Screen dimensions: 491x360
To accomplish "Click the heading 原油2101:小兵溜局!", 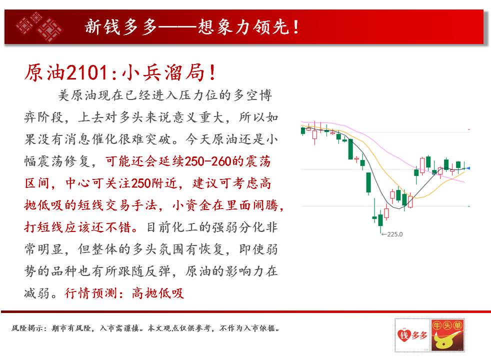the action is (x=120, y=72).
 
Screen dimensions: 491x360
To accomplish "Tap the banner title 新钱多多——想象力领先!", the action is (x=191, y=26).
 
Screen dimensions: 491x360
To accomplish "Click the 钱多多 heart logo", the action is (x=412, y=335).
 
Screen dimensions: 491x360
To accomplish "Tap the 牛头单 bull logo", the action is (x=447, y=335).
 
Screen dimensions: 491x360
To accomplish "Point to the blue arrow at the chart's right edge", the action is (x=468, y=168).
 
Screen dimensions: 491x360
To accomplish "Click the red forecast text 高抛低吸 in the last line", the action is (x=157, y=293).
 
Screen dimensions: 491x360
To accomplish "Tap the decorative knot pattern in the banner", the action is (x=39, y=26).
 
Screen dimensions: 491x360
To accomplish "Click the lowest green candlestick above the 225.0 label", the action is (x=380, y=220).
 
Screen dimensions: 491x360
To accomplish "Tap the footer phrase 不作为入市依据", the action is (x=247, y=328).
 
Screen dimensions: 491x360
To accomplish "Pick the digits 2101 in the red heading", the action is (x=87, y=72).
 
